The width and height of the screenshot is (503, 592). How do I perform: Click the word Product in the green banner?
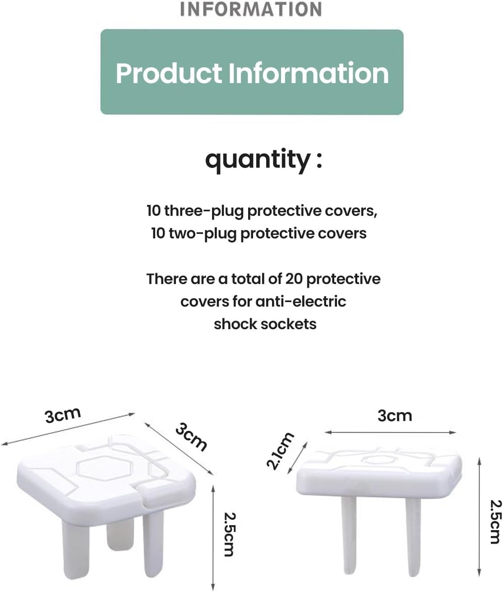[169, 73]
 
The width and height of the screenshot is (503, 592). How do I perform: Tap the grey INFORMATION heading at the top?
[251, 9]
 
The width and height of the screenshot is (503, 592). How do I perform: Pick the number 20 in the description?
[294, 279]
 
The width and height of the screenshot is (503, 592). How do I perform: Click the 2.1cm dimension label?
[280, 451]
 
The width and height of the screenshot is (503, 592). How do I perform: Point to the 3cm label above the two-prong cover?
[395, 416]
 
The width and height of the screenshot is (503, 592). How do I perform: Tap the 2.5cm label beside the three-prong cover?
[230, 534]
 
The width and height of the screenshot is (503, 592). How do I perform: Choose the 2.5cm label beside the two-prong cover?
[495, 522]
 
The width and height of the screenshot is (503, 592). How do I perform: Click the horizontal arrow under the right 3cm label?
[390, 433]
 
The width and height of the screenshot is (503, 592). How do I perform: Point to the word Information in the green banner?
[309, 73]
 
